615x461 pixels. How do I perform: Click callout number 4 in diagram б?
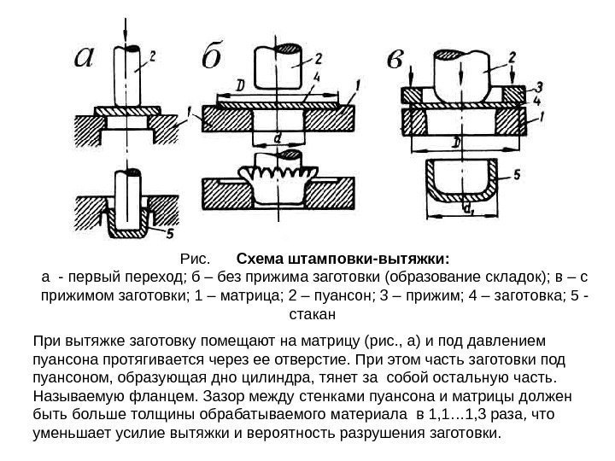point(317,77)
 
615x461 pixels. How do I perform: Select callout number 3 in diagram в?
point(540,85)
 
